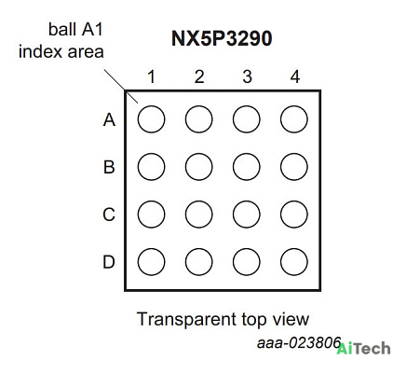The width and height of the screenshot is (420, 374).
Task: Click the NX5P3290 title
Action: point(222,38)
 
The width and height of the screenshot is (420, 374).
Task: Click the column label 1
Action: point(152,76)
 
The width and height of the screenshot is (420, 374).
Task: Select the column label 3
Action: point(247,76)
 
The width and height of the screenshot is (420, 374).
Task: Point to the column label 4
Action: point(295,76)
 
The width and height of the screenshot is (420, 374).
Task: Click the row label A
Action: point(109,119)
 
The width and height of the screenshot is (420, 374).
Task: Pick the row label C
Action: point(109,215)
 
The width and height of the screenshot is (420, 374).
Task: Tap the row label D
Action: point(109,262)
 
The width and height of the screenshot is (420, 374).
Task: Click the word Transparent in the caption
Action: point(186,319)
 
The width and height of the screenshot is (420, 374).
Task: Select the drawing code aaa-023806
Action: point(299,343)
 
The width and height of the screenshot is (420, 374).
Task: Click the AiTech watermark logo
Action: point(363,348)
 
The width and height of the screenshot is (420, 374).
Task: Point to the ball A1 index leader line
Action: point(121,86)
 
